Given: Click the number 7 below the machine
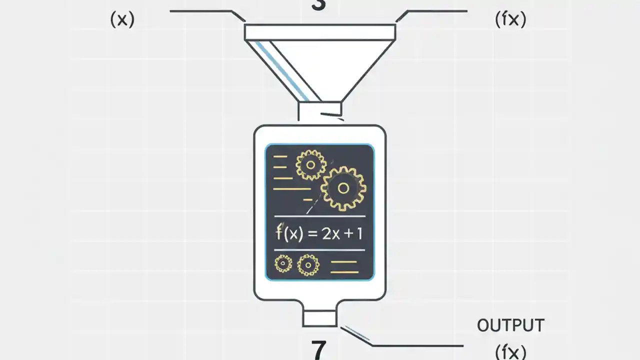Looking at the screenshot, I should click(318, 349).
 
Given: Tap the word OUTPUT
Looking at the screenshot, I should click(510, 325).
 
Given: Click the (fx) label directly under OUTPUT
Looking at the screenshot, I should click(510, 351).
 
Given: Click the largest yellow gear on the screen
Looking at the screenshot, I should click(343, 188).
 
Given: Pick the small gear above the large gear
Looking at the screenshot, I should click(310, 164).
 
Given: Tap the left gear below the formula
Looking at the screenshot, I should click(283, 263).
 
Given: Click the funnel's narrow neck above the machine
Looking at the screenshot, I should click(319, 110).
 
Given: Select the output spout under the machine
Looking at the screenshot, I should click(319, 317).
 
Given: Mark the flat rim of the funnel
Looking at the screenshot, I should click(320, 32).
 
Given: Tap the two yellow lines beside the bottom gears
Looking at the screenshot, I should click(344, 267).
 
